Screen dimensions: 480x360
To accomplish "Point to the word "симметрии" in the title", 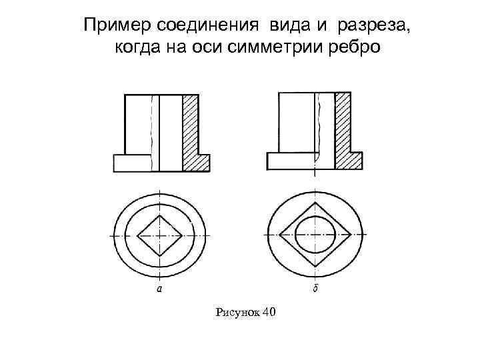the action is (x=282, y=49).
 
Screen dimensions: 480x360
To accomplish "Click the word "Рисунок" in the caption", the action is (x=239, y=312).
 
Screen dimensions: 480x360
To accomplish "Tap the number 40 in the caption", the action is (x=269, y=312).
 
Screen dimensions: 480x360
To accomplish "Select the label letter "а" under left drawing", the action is (x=159, y=289).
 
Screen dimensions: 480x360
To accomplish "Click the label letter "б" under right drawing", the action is (x=314, y=289).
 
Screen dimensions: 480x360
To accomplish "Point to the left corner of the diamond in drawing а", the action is (x=137, y=235).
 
